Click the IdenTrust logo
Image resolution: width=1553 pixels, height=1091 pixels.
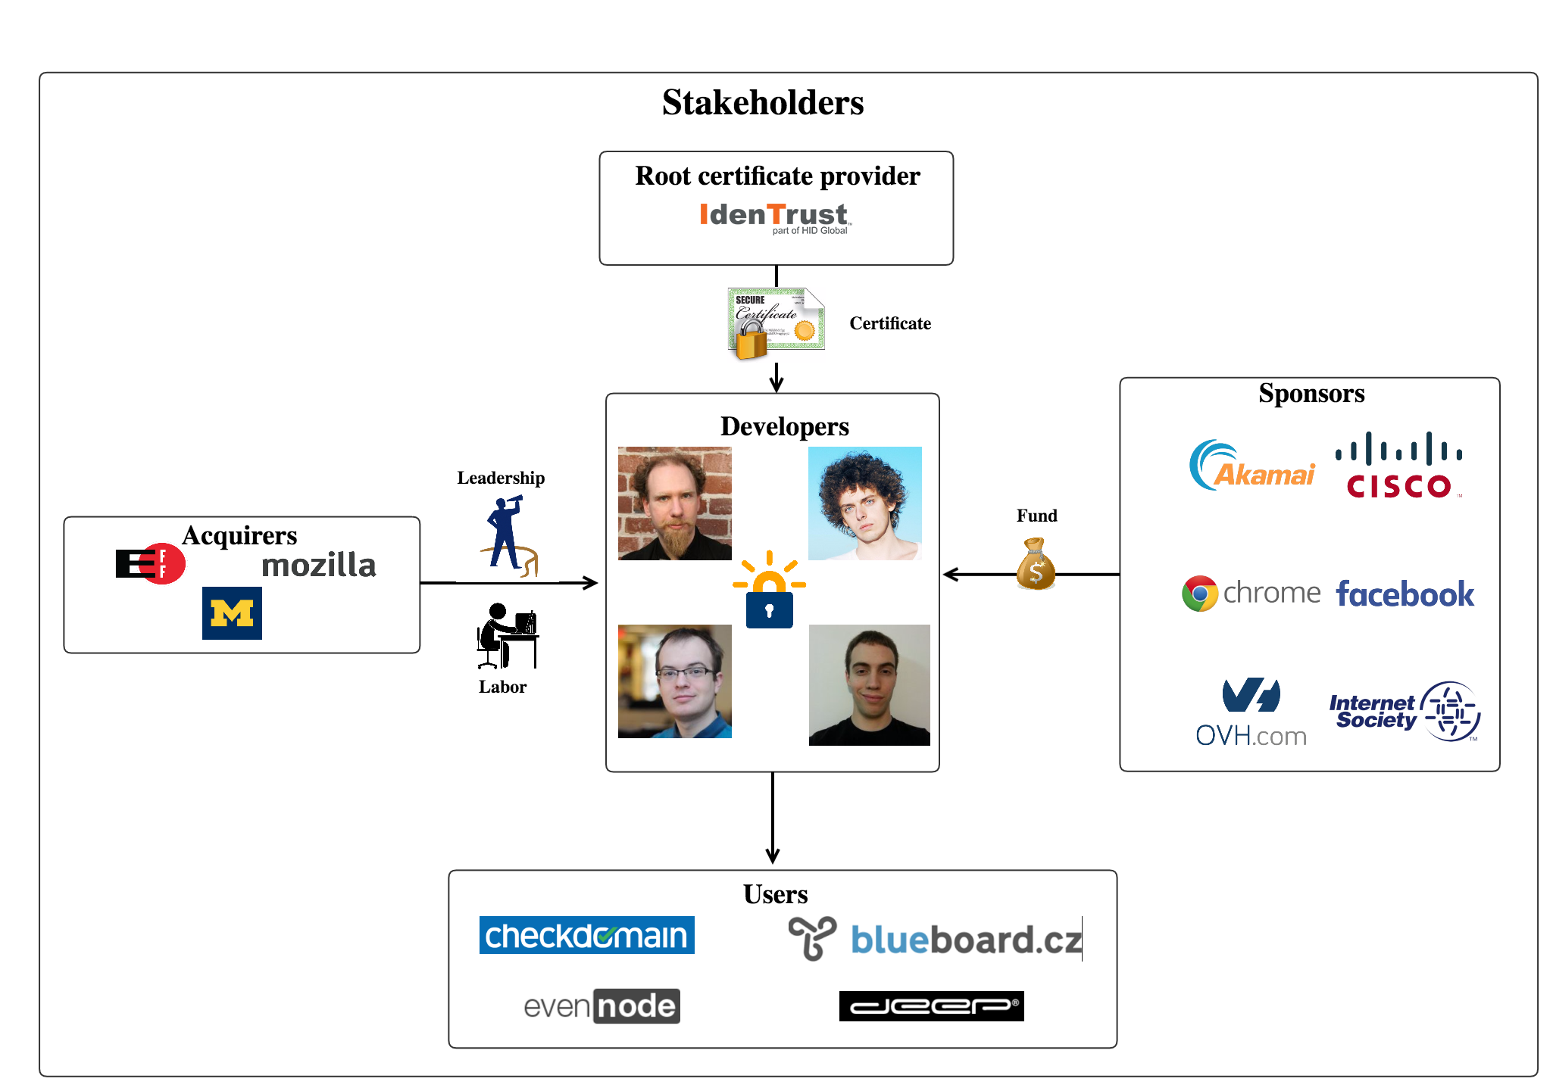775,217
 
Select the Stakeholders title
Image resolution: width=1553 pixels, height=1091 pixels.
763,103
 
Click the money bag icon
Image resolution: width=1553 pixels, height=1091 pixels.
1036,565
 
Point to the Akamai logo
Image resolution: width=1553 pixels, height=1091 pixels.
1251,466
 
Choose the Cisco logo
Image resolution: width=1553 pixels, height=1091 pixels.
1399,466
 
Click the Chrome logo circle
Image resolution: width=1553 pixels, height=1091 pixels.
1200,594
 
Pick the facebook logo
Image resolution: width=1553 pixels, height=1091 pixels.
1405,594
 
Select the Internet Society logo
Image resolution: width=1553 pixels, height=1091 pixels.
1405,712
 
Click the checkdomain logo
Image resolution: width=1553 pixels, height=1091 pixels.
586,936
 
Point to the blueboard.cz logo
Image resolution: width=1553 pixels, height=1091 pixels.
936,940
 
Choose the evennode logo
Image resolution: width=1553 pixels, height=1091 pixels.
602,1006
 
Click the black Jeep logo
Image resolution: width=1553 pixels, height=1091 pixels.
931,1006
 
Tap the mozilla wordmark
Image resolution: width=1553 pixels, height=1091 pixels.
318,566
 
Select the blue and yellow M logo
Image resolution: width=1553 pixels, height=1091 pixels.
232,613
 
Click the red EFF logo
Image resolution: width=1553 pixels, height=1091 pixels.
151,564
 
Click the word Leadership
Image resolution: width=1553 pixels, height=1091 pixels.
501,478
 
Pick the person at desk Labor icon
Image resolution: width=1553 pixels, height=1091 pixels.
507,637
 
